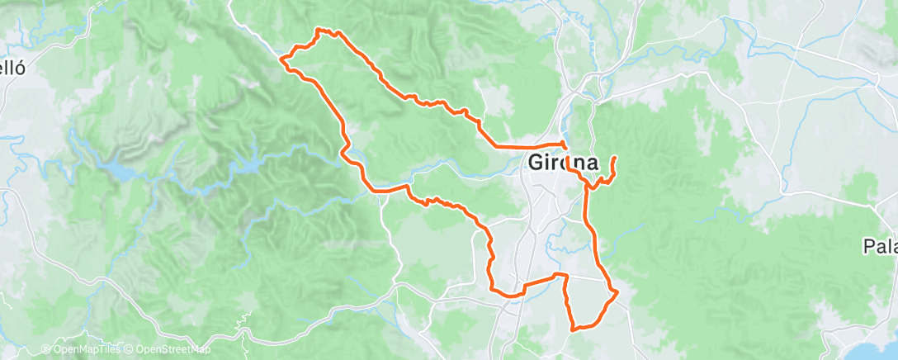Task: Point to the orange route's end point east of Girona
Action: coord(615,157)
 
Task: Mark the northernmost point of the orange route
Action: coord(319,30)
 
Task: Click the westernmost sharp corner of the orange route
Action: coord(282,59)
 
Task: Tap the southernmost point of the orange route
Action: coord(573,329)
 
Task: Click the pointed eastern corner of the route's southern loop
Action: coord(617,291)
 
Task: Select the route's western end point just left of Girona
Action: coord(495,146)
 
